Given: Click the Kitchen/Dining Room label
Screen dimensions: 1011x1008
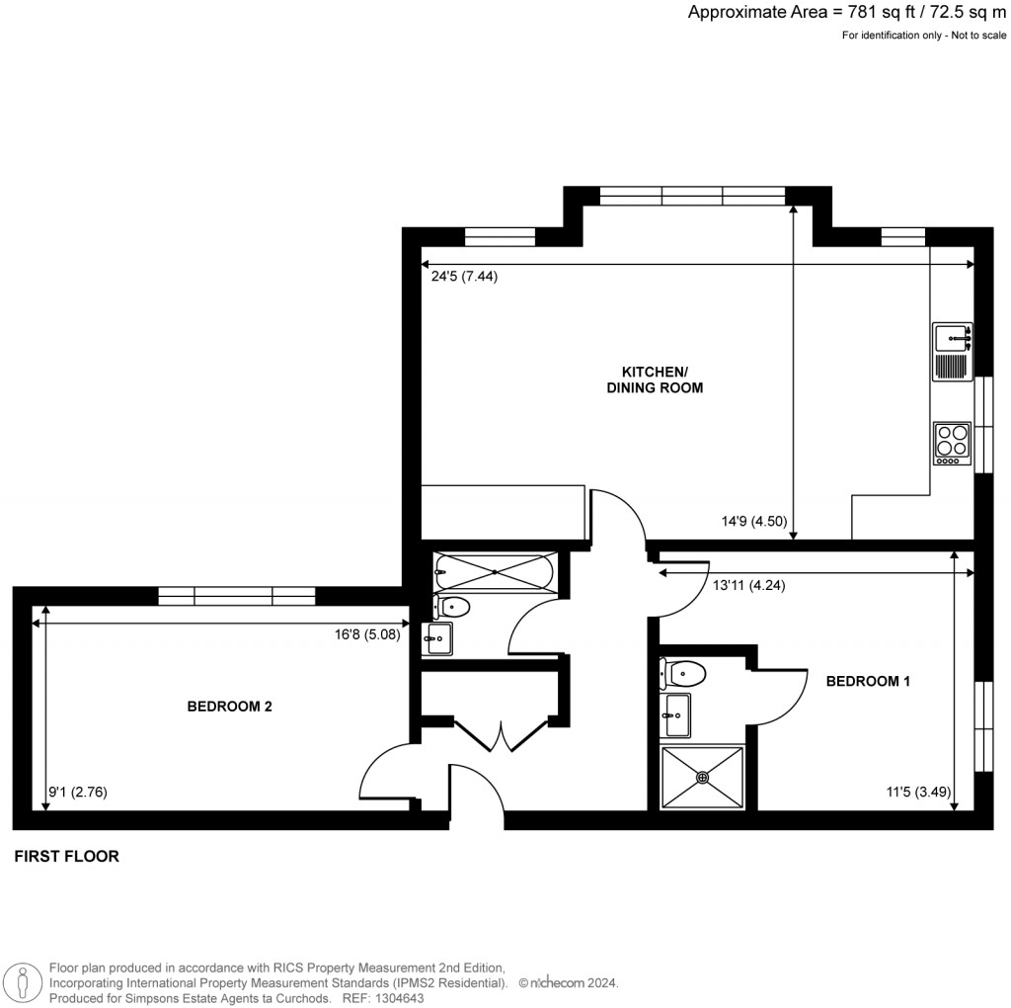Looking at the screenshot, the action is click(655, 379).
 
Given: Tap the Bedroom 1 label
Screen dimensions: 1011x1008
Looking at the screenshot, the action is click(868, 681).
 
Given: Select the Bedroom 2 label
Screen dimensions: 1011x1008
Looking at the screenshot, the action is click(229, 706).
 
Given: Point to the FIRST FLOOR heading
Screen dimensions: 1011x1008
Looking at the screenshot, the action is click(67, 857).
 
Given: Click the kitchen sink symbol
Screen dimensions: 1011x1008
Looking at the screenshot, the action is click(953, 352).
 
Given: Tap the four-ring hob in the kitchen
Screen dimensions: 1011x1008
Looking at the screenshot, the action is click(953, 444).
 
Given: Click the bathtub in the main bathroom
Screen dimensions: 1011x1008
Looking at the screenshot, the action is click(494, 572).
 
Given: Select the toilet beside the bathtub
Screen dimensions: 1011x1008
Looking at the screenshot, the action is click(450, 607).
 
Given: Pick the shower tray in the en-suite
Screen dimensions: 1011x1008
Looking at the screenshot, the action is click(702, 778).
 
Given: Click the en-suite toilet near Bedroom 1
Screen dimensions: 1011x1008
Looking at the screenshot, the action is click(682, 674).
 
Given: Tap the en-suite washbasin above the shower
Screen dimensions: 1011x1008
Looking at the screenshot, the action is click(675, 715).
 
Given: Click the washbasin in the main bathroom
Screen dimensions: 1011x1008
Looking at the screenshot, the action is click(437, 638).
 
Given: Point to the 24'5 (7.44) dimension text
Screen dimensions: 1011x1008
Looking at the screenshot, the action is click(464, 277).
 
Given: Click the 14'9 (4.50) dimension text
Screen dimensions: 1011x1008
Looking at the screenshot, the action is click(754, 521).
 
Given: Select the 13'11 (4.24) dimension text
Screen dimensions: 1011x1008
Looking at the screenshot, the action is click(749, 585).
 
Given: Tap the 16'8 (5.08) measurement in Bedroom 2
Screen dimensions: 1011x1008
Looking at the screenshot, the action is click(367, 634).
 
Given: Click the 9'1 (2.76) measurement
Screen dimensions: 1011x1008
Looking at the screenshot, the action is click(78, 792).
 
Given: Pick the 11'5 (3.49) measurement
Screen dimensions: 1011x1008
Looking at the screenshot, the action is click(919, 792).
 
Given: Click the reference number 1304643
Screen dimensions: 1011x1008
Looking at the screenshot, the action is click(399, 998).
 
